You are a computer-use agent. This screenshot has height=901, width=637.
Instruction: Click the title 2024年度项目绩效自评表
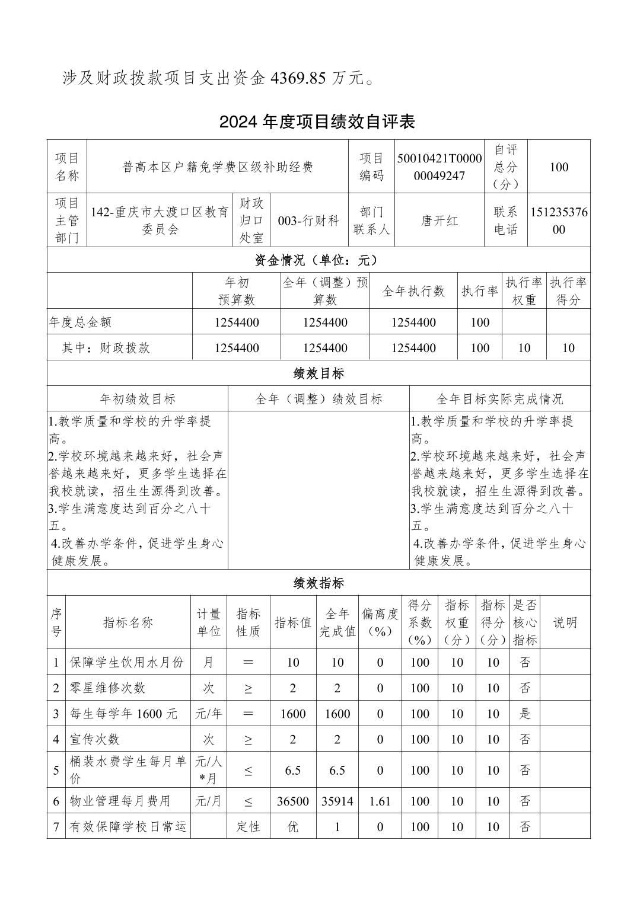(317, 122)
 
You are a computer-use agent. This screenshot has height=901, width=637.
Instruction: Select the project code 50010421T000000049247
(439, 167)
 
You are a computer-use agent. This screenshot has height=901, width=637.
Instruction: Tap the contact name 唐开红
(439, 221)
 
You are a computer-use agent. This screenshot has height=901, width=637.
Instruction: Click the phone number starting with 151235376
(559, 221)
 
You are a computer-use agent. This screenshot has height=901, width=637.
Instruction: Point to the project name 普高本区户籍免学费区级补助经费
(218, 167)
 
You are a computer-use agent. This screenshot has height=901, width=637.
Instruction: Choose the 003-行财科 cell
(308, 221)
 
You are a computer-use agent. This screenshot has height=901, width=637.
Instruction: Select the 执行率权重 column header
(524, 291)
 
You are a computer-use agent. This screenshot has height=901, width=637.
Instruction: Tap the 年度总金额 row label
(81, 322)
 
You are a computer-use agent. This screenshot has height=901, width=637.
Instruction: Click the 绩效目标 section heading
(318, 373)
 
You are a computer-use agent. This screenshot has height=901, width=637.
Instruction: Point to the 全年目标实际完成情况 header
(499, 399)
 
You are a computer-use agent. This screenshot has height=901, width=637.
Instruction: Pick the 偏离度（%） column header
(380, 622)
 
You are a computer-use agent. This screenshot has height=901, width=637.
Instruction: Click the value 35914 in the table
(337, 801)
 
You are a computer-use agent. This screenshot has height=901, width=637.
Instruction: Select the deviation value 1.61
(380, 801)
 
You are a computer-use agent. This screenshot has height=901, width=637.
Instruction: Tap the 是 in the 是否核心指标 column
(525, 714)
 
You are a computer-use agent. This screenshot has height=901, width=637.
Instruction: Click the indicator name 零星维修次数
(107, 688)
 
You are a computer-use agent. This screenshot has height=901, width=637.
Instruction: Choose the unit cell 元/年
(209, 714)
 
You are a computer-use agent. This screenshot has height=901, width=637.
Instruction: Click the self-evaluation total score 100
(559, 167)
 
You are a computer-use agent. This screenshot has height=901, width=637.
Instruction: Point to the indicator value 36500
(293, 801)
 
